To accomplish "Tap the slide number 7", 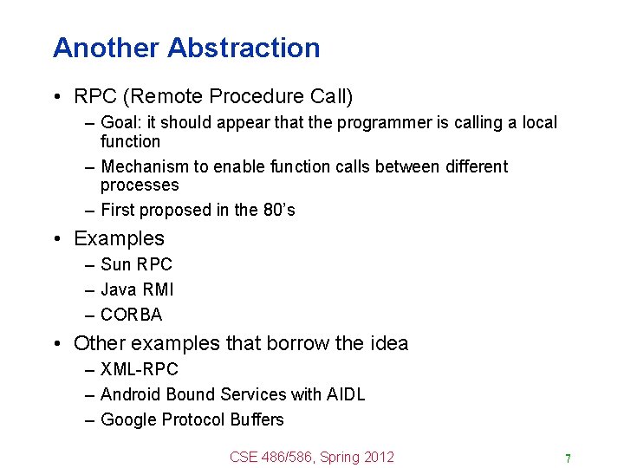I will point(568,458).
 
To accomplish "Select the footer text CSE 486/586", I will point(270,457).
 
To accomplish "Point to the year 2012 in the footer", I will point(379,457).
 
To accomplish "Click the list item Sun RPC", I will point(136,264).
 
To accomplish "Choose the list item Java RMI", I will point(137,289).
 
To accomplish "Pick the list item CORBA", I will point(131,315).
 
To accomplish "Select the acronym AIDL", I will point(346,394).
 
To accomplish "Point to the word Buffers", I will point(257,419).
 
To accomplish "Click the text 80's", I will point(278,210).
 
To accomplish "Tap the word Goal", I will point(118,123).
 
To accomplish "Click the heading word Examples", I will point(119,238).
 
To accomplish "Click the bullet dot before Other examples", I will point(57,344).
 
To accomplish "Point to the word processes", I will point(139,185).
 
